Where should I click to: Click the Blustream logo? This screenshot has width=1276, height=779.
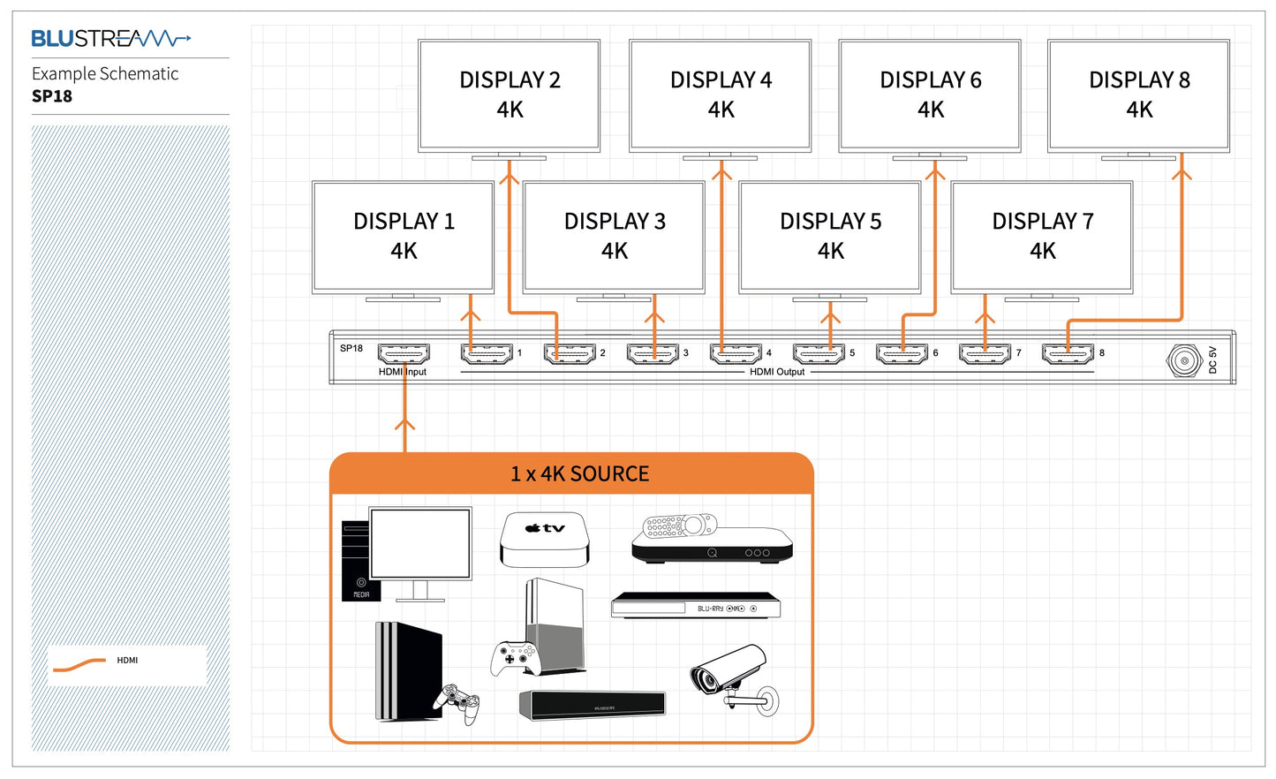tap(110, 38)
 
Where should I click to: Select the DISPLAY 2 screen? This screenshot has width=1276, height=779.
tap(510, 95)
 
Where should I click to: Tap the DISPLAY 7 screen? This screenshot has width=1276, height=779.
tap(1042, 236)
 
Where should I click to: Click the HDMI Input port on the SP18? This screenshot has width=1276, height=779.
tap(404, 354)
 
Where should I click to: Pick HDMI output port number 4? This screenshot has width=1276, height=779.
tap(736, 354)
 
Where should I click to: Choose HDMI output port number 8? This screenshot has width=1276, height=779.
tap(1068, 354)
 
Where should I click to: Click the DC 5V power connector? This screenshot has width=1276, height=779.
tap(1184, 359)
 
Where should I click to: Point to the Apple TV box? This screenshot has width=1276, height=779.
tap(544, 539)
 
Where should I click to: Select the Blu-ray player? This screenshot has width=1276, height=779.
tap(696, 606)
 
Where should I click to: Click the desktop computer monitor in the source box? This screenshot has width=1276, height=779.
tap(420, 544)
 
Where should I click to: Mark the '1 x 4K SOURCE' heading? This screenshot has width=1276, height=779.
tap(579, 474)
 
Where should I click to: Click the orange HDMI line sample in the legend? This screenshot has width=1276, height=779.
tap(79, 665)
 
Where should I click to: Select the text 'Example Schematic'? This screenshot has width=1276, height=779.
tap(105, 74)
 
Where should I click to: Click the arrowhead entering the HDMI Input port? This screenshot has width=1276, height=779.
tap(404, 425)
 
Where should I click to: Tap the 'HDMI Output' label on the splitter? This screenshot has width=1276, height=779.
tap(777, 372)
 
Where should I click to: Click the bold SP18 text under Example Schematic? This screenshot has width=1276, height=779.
tap(52, 96)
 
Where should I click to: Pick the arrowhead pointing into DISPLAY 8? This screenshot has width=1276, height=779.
tap(1182, 175)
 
